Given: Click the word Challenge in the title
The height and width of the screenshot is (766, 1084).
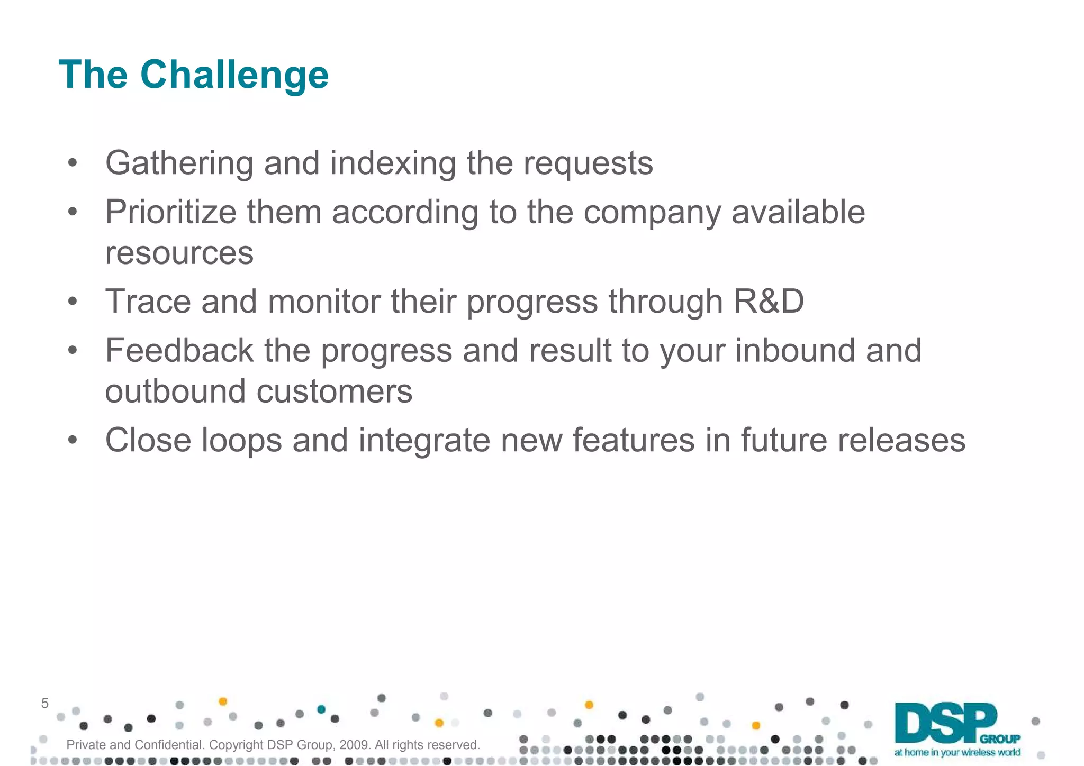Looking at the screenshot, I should click(x=234, y=75).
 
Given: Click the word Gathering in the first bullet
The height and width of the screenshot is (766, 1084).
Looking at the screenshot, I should click(x=179, y=163).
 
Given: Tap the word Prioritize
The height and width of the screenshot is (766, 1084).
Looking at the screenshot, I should click(x=170, y=212).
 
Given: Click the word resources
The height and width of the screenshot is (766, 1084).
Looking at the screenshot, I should click(x=179, y=253).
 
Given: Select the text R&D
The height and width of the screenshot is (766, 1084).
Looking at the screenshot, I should click(x=768, y=302).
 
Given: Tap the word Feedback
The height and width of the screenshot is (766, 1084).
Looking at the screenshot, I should click(x=179, y=350).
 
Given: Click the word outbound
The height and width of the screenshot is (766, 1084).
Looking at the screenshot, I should click(x=175, y=391).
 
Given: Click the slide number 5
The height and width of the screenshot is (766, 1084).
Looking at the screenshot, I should click(x=44, y=704).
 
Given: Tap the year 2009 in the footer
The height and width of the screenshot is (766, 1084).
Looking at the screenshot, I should click(x=354, y=745).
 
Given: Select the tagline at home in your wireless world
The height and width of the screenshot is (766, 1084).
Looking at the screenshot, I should click(x=957, y=752).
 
